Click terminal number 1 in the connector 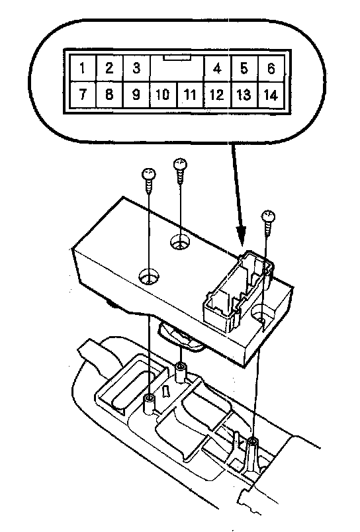click(x=83, y=68)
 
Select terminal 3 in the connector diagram click(x=136, y=68)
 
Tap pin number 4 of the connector click(x=217, y=69)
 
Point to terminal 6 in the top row click(x=271, y=69)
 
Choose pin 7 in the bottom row click(x=83, y=94)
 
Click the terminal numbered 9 click(x=136, y=95)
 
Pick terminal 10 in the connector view click(x=163, y=95)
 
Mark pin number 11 click(x=190, y=95)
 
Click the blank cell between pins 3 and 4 click(x=177, y=69)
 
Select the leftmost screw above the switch click(x=149, y=181)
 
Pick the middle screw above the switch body click(x=180, y=170)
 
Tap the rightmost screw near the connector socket click(x=268, y=223)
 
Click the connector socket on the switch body click(x=238, y=291)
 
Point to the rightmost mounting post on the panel click(x=252, y=455)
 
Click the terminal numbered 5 click(x=244, y=69)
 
